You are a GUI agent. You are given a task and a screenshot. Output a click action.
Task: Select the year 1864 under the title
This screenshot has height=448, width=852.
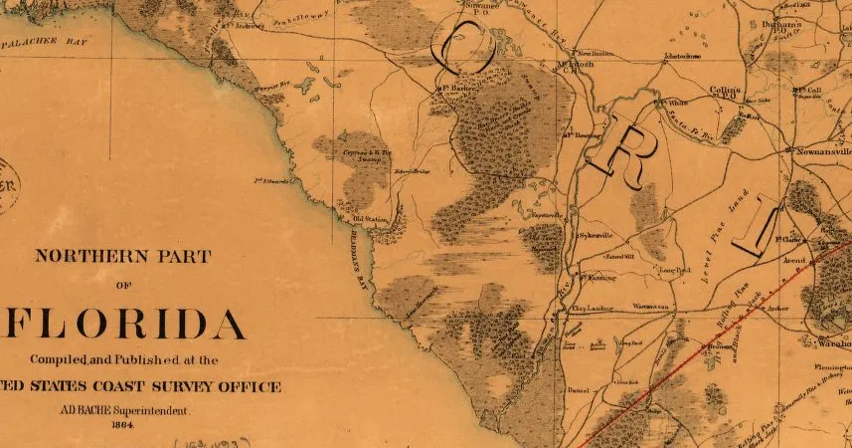[x=123, y=425]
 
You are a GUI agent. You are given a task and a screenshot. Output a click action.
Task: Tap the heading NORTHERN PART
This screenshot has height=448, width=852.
[x=123, y=256]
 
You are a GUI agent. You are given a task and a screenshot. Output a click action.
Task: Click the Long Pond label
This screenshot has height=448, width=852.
[x=674, y=269]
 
